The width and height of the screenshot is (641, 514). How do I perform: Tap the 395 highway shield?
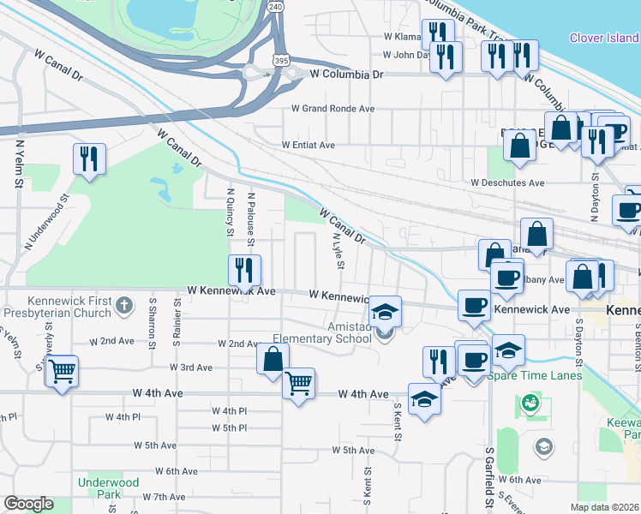[x=281, y=61]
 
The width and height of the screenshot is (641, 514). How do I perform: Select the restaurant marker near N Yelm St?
[x=89, y=158]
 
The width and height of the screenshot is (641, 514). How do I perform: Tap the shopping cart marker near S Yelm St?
[x=61, y=372]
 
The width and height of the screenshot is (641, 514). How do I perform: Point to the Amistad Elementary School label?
[x=324, y=332]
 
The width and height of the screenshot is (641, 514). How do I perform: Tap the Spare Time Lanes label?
[x=535, y=375]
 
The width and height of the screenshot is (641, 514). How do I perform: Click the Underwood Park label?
[x=108, y=488]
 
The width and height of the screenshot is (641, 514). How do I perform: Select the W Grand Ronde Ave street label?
[x=333, y=109]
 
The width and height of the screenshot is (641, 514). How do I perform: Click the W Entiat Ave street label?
[x=309, y=146]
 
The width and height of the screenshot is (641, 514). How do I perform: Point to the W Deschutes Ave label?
[x=507, y=182]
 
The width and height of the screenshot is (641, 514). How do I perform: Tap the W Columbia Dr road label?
[x=347, y=75]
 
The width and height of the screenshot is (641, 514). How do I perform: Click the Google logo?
[x=28, y=504]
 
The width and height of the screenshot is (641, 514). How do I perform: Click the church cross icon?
[x=124, y=305]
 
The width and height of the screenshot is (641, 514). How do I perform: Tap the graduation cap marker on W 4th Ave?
[x=423, y=398]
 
